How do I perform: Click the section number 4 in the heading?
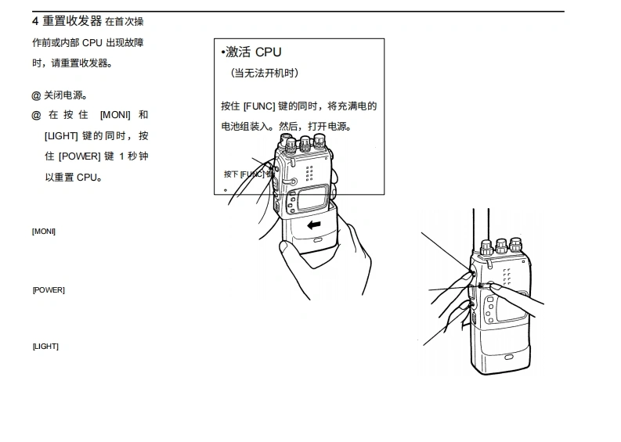click(x=35, y=20)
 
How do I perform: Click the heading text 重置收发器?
click(x=72, y=20)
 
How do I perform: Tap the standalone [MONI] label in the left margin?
click(x=44, y=231)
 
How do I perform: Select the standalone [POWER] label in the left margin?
click(x=49, y=290)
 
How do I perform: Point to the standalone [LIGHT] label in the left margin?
click(x=45, y=347)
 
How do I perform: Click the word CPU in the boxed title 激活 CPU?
click(x=268, y=52)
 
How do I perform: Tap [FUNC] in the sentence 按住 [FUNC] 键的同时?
click(x=259, y=106)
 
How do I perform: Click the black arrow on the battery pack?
click(x=315, y=225)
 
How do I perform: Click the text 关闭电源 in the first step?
click(x=64, y=95)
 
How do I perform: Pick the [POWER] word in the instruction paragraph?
click(x=80, y=156)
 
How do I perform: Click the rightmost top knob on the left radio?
click(x=320, y=142)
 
